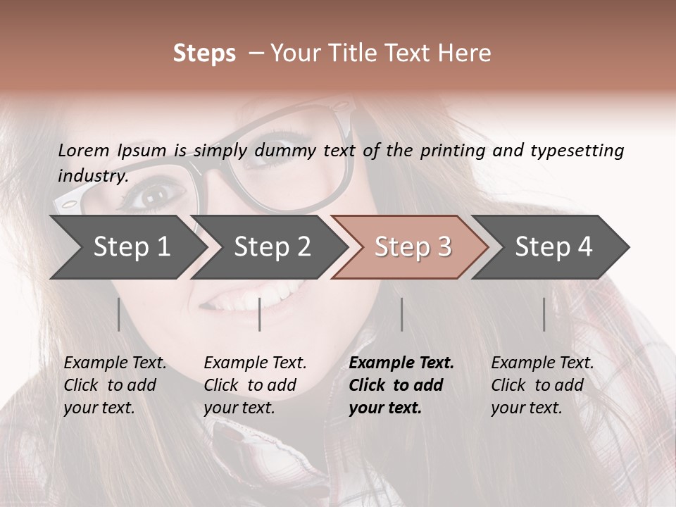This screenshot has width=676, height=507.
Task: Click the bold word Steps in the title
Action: point(204,54)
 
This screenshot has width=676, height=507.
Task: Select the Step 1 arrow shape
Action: point(127,247)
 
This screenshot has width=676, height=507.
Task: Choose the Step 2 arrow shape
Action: point(271,247)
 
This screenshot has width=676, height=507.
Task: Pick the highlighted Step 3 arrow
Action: point(411,247)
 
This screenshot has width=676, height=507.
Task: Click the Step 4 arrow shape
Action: point(553,247)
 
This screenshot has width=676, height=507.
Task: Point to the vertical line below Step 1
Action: point(119,314)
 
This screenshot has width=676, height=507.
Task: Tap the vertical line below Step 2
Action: point(260,314)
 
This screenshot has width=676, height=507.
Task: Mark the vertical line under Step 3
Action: point(401,314)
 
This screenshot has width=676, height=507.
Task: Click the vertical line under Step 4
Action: point(544,314)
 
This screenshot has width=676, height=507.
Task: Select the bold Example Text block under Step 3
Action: point(401,385)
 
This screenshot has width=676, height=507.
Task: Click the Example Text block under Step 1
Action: point(115,385)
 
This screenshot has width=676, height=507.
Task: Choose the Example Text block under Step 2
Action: point(255,385)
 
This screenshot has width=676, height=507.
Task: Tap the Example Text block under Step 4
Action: point(542,385)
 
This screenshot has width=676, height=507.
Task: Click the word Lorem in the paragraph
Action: point(84,150)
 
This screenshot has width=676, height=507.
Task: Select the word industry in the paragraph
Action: point(93,175)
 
